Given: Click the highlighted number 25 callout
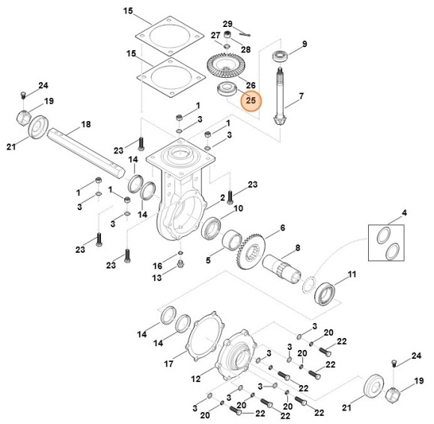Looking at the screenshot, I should click(x=250, y=99).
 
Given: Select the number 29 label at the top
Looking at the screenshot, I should click(x=227, y=24).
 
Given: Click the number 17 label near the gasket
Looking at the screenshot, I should click(x=168, y=364).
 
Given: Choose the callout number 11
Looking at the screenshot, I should click(x=352, y=274).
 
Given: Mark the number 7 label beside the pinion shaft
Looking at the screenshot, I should click(x=302, y=96).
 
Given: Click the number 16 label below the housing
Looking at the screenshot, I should click(x=157, y=265).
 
